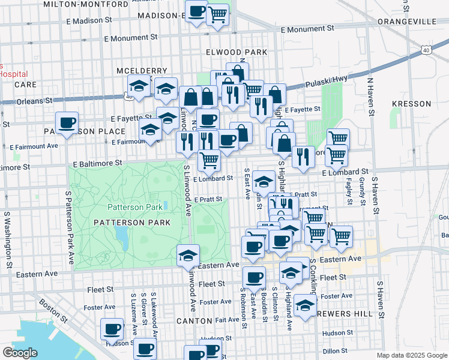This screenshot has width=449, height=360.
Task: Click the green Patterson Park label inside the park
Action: [x=135, y=207]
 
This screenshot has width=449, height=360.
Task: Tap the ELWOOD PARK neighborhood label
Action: [x=236, y=52]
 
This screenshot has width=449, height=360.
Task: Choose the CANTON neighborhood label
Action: [x=196, y=321]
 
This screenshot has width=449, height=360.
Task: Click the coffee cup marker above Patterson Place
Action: [x=67, y=123]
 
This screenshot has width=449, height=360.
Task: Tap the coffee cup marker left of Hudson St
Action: [x=112, y=329]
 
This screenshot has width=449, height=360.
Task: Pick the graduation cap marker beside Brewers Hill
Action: [x=305, y=306]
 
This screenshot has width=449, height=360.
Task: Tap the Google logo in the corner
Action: [x=20, y=353]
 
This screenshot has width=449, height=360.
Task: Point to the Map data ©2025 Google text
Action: [x=411, y=355]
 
